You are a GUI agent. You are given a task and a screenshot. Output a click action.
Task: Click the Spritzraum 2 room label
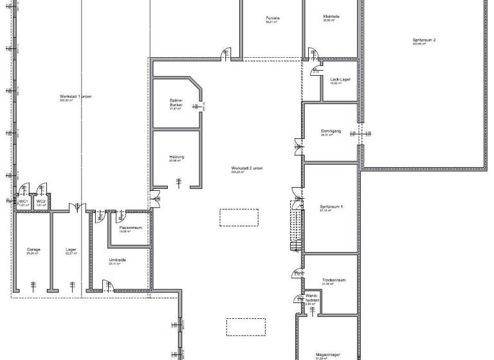point(425,40)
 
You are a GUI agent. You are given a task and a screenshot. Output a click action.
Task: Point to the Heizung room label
point(177,157)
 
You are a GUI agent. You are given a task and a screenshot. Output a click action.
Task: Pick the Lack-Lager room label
point(339,79)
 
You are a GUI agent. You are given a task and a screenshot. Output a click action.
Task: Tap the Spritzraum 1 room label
point(331,206)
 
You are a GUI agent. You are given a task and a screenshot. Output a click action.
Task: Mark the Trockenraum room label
point(334,280)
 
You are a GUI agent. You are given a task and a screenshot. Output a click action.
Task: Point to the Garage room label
point(33,249)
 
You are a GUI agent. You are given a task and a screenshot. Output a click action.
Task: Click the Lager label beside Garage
point(71,249)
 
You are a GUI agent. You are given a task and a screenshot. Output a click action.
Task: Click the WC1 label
point(23,202)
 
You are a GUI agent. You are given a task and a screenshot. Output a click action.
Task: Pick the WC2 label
point(41,202)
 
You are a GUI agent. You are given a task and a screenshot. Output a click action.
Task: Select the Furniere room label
point(273,19)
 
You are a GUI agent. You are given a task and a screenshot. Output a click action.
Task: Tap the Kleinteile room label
point(332,17)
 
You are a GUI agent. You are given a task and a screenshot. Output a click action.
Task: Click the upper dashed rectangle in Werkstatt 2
point(239,217)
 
